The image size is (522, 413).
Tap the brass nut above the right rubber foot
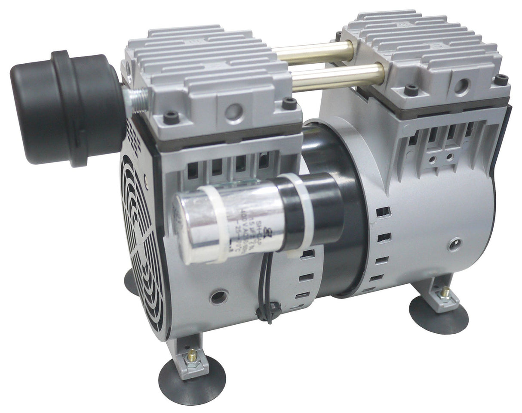[445, 294]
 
